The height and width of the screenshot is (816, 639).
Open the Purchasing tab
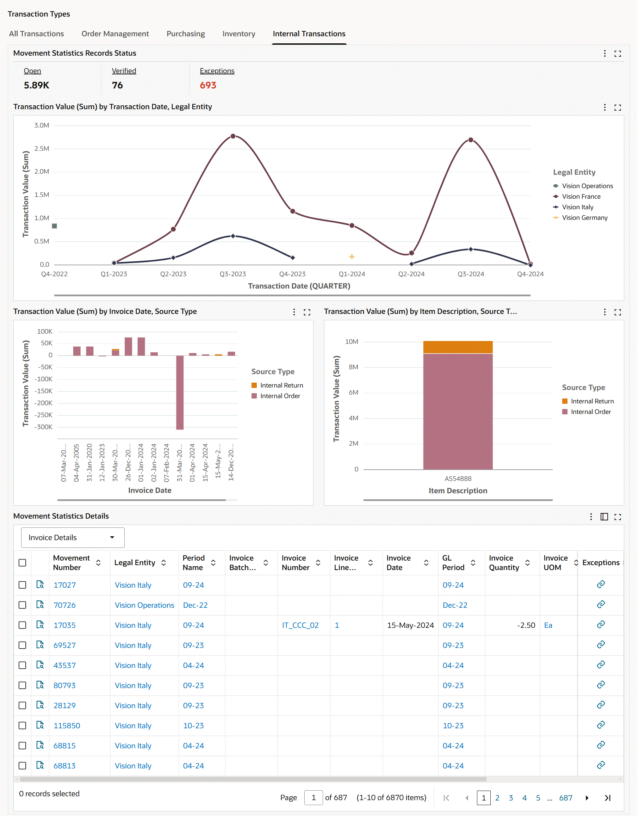(186, 34)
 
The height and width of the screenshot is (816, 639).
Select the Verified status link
(124, 71)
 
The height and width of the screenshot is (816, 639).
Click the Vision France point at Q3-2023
(233, 136)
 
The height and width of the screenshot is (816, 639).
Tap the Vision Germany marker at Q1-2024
(352, 256)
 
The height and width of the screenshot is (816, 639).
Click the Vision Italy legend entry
(577, 207)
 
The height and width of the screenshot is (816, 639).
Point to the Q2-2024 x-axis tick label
(411, 274)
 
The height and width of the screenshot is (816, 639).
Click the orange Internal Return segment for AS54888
(458, 347)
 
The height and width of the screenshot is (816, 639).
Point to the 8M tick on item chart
(353, 367)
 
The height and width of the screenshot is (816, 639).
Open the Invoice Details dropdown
(73, 537)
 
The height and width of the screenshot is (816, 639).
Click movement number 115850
(67, 725)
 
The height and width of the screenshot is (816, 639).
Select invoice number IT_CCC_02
(300, 625)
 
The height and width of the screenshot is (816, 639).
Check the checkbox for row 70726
(23, 605)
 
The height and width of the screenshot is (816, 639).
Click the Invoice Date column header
(398, 562)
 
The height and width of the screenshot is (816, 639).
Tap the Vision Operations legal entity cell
(144, 605)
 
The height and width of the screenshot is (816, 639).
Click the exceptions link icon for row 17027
(601, 585)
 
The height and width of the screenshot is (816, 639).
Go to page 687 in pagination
(565, 798)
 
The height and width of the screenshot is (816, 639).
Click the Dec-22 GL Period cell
(454, 605)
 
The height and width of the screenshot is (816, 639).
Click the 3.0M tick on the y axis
(42, 125)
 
